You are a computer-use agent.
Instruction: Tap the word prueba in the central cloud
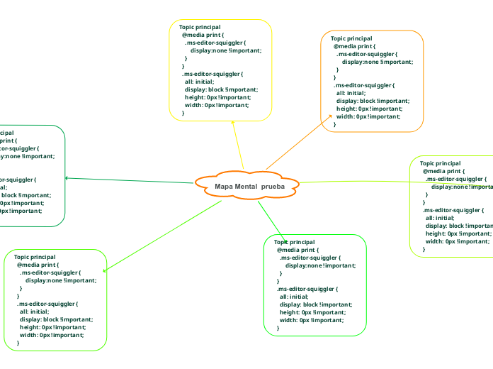tap(273, 186)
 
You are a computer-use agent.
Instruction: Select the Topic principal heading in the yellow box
tap(199, 27)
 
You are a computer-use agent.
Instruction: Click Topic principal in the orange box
tap(351, 38)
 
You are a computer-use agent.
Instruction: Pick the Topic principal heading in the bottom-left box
tap(35, 257)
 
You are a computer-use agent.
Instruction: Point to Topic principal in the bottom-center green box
tap(294, 242)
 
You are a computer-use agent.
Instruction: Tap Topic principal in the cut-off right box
tap(440, 163)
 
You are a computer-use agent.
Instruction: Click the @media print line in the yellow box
tap(203, 35)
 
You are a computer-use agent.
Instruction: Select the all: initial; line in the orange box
tap(351, 93)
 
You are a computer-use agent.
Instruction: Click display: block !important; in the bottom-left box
tap(56, 319)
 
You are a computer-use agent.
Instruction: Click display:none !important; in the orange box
tap(377, 62)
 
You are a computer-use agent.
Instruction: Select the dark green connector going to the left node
tap(127, 180)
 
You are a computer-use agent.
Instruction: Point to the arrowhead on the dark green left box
tap(67, 177)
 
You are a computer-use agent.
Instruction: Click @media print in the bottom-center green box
tap(297, 250)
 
